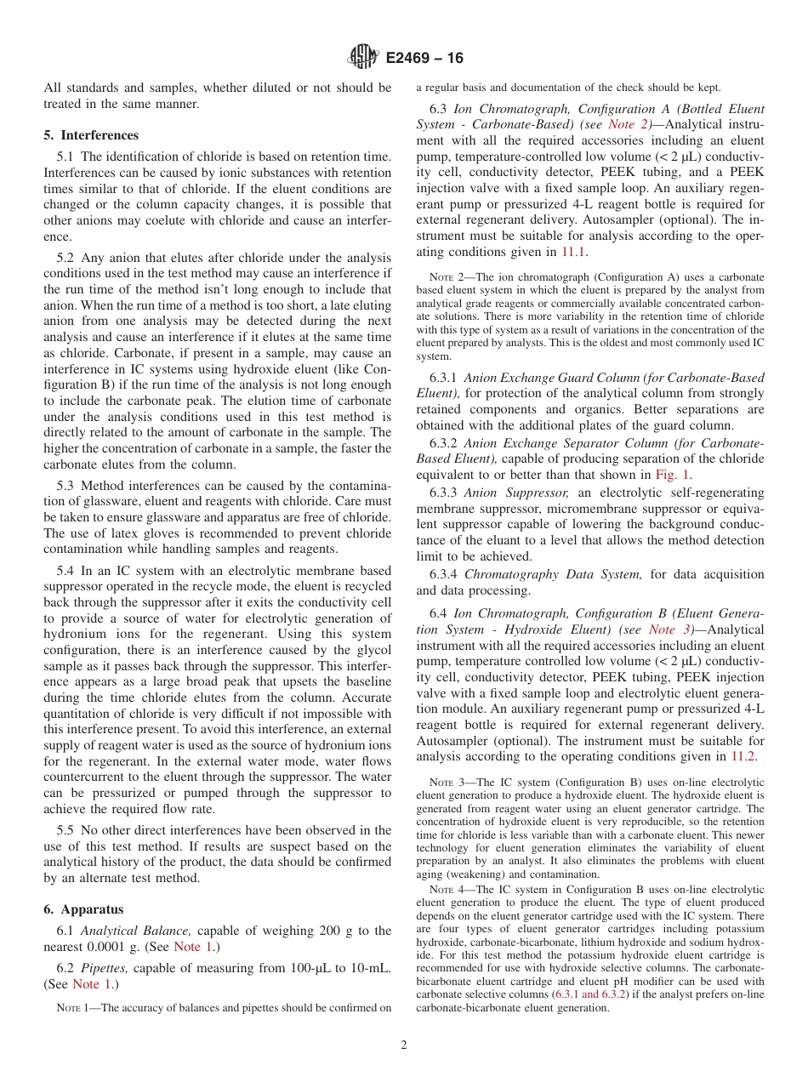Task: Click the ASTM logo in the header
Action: point(364,58)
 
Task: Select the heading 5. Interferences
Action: point(91,135)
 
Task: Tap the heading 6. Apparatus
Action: point(83,909)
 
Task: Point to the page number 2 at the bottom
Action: point(404,1045)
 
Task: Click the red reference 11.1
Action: point(572,252)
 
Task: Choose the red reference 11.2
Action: point(743,756)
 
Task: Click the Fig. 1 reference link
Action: point(676,476)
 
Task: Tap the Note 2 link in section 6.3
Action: point(629,124)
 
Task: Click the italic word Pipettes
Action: point(104,968)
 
